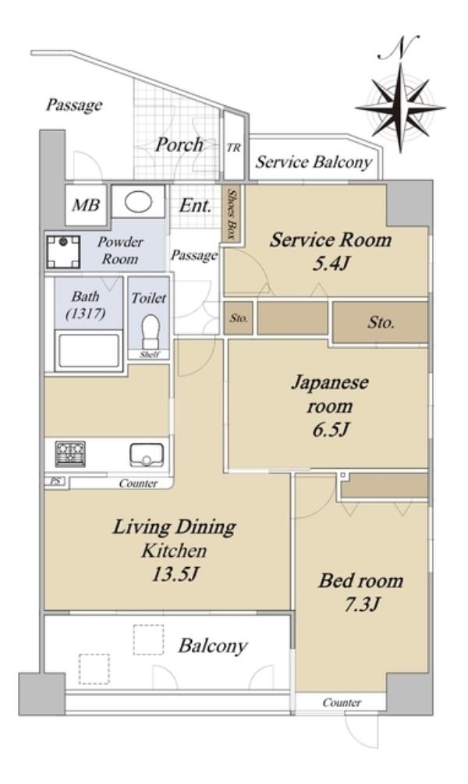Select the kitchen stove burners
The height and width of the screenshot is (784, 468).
click(x=70, y=453)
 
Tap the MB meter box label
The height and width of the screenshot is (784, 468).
click(x=86, y=205)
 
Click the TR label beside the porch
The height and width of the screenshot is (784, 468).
click(x=233, y=148)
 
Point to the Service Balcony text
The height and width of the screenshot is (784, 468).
click(x=314, y=162)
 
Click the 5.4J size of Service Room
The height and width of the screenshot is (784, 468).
click(x=330, y=264)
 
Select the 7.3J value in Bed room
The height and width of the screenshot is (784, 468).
click(x=362, y=605)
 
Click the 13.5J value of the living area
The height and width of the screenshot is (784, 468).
click(x=175, y=574)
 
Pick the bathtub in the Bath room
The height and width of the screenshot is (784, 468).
click(x=88, y=350)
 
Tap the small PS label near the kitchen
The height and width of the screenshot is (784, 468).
click(x=55, y=481)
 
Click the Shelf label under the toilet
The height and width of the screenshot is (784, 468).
click(x=150, y=354)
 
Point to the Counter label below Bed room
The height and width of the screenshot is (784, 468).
click(x=342, y=703)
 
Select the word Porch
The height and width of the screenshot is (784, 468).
click(x=179, y=144)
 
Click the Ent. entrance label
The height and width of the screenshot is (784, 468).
click(x=195, y=205)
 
